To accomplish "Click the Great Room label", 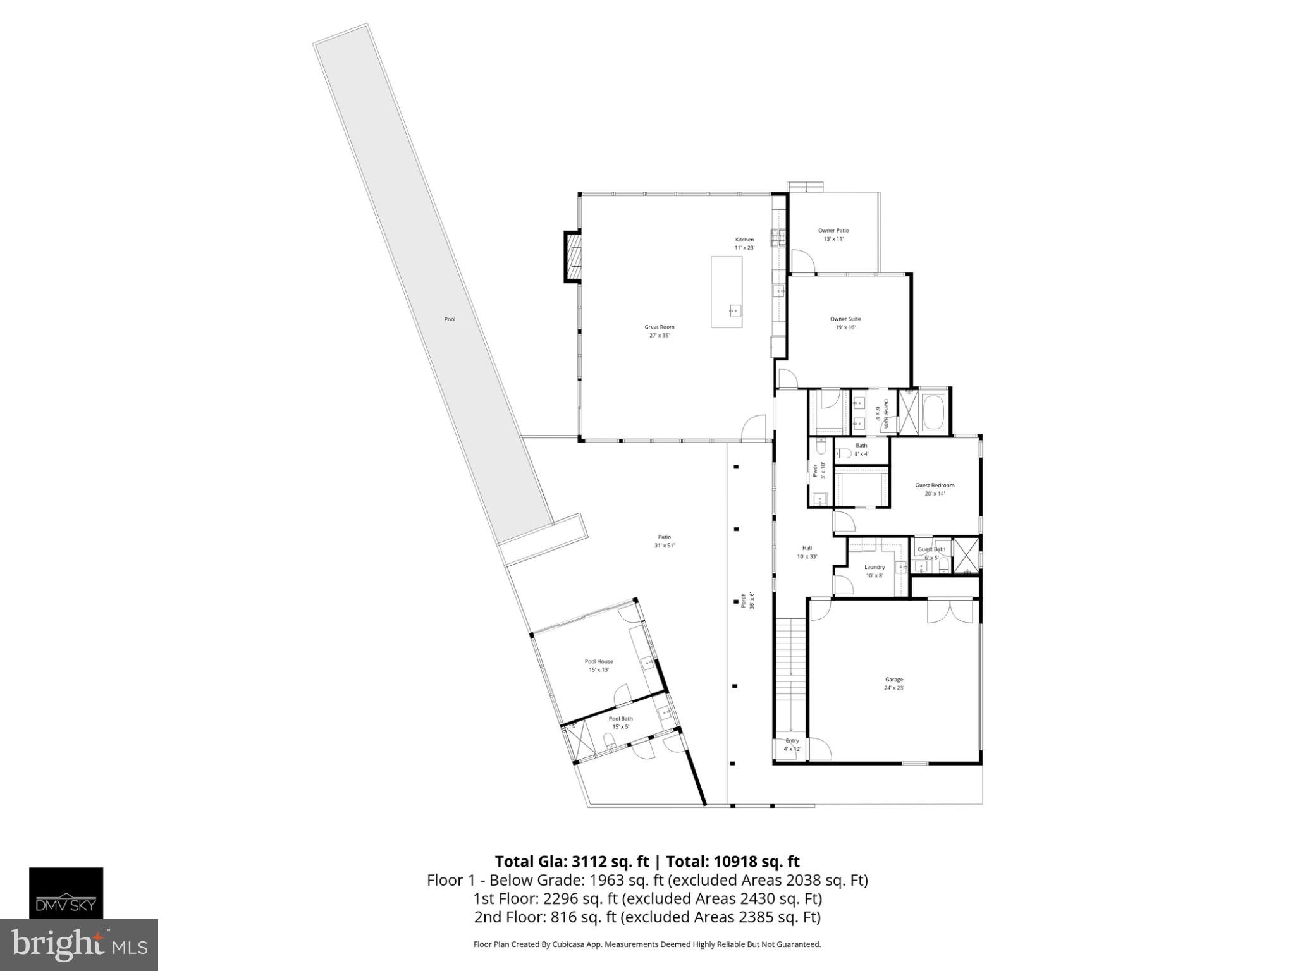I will click(659, 327).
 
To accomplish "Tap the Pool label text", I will click(450, 319).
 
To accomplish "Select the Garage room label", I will click(893, 680).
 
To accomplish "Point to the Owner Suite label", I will click(845, 319).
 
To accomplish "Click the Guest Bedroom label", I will click(935, 485).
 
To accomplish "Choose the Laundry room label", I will click(875, 567).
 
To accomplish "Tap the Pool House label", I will click(599, 661).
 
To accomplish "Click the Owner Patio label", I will click(833, 231).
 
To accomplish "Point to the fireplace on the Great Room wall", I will click(573, 256).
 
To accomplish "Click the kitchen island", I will click(727, 291).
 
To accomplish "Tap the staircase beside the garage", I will click(791, 676).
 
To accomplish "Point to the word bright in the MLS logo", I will click(57, 944).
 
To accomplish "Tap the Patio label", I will click(664, 537).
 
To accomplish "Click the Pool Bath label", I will click(620, 719).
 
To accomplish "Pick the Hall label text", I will click(807, 548).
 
